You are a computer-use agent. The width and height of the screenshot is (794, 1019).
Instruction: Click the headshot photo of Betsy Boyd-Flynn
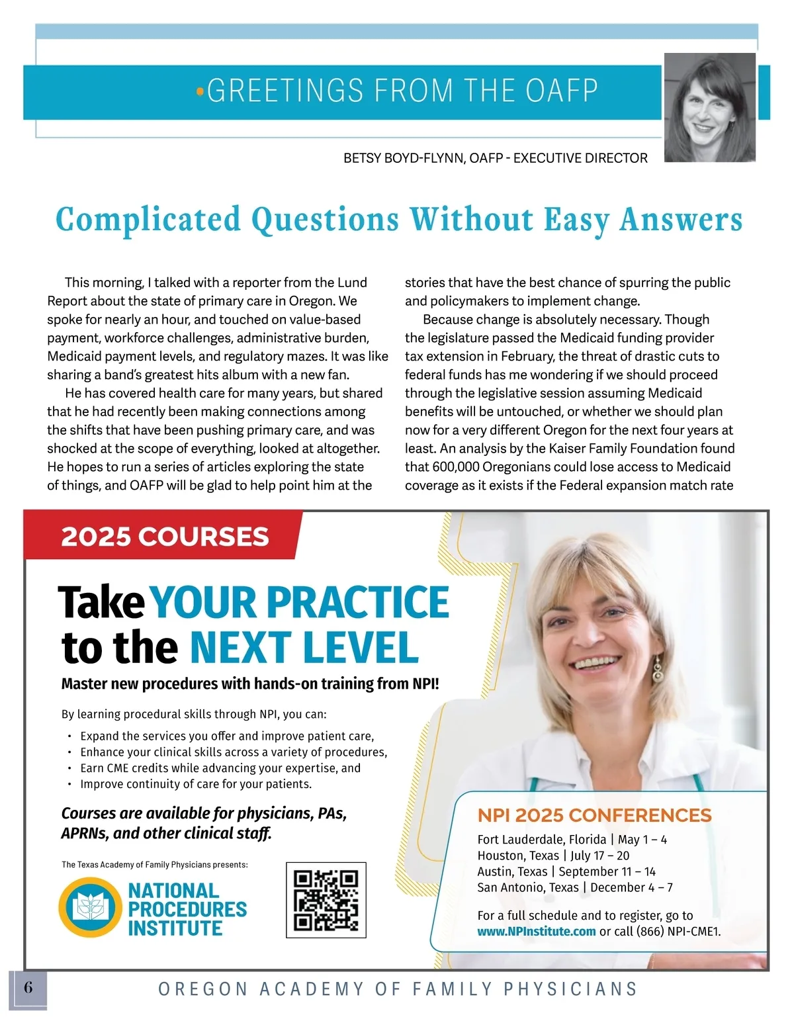(709, 108)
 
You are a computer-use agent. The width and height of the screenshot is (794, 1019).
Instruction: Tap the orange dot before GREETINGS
(200, 92)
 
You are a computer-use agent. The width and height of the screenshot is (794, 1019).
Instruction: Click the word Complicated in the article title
(148, 220)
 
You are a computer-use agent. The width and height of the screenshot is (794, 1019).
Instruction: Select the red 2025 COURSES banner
(164, 536)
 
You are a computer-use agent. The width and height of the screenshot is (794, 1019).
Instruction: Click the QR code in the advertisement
(326, 900)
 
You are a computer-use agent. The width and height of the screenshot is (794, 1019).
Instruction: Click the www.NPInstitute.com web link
(536, 932)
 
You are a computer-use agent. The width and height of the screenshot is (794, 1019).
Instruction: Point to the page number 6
(28, 988)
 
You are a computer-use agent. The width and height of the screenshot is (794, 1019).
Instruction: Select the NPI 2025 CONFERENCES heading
(594, 815)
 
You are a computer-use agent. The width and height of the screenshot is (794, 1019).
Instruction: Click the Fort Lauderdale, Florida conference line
(572, 840)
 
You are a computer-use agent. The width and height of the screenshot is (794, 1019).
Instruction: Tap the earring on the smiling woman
(657, 670)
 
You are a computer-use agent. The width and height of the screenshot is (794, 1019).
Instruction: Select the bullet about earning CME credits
(220, 768)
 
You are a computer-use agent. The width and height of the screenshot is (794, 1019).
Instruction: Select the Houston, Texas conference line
(553, 856)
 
